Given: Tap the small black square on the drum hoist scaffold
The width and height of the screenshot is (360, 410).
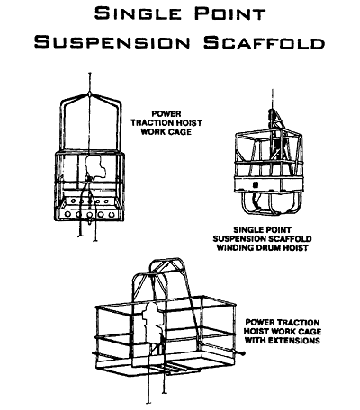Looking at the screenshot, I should [x=256, y=186].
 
